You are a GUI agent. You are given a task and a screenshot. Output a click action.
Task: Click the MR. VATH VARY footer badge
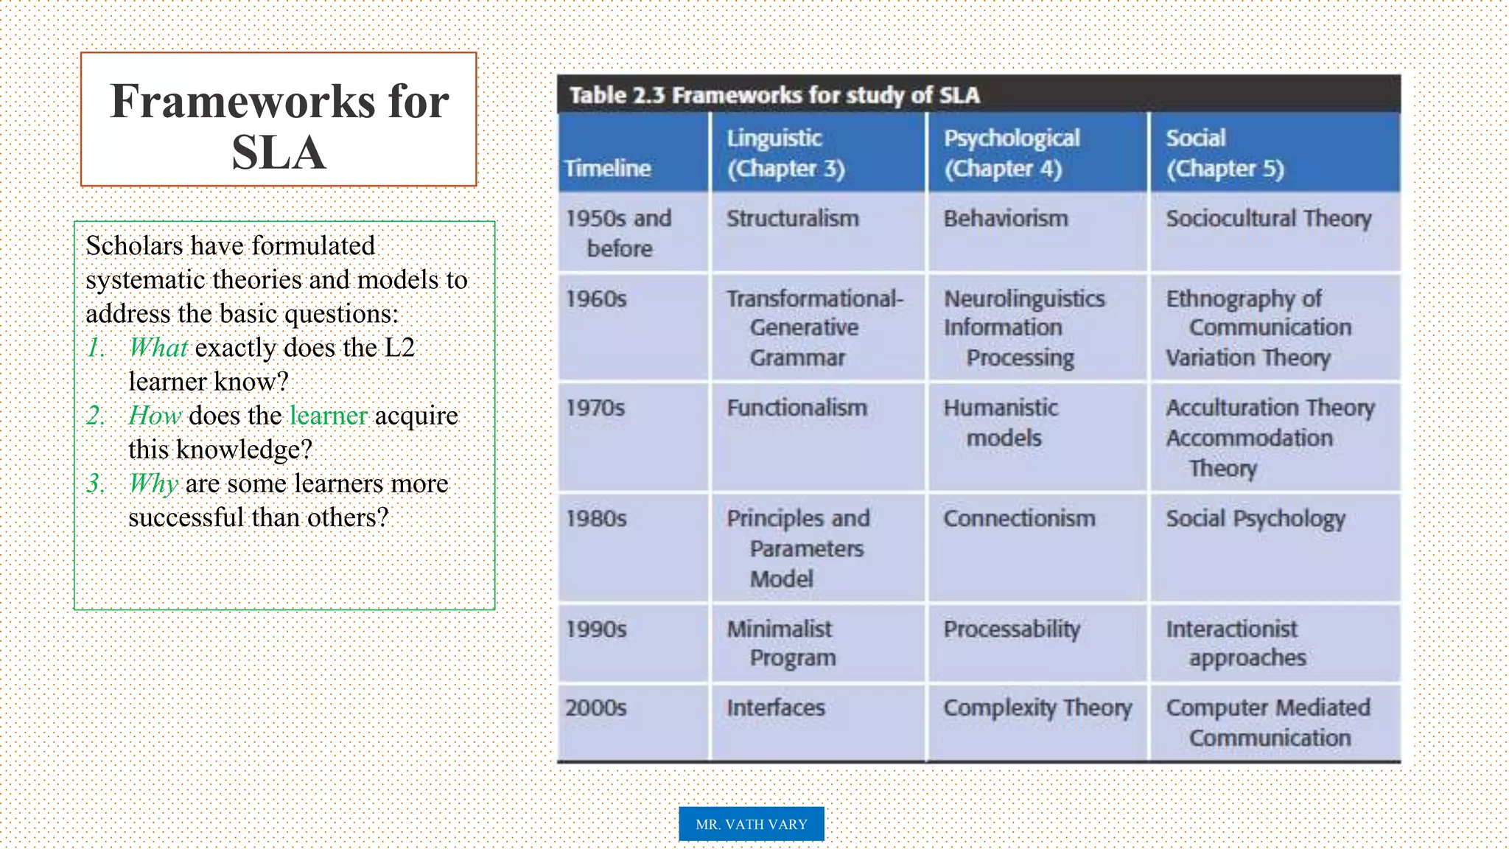pyautogui.click(x=751, y=824)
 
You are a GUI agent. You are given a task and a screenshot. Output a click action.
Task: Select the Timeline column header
pyautogui.click(x=608, y=168)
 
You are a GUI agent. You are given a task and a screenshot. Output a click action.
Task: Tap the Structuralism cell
pyautogui.click(x=793, y=218)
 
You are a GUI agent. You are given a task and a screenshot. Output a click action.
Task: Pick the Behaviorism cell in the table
pyautogui.click(x=1006, y=218)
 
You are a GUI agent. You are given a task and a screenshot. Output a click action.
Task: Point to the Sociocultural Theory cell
pyautogui.click(x=1268, y=218)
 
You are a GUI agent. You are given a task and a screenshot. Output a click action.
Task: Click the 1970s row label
pyautogui.click(x=595, y=408)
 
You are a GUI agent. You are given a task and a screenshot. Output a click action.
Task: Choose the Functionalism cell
pyautogui.click(x=796, y=408)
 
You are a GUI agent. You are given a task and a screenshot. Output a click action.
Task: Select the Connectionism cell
pyautogui.click(x=1019, y=518)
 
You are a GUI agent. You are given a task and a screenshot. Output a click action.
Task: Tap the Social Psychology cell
pyautogui.click(x=1255, y=519)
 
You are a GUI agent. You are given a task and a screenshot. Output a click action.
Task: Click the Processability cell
pyautogui.click(x=1012, y=629)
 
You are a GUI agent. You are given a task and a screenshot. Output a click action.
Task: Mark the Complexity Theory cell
pyautogui.click(x=1037, y=707)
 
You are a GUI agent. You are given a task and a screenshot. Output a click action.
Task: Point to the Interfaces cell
pyautogui.click(x=776, y=707)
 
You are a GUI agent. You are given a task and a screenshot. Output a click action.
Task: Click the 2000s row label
pyautogui.click(x=596, y=707)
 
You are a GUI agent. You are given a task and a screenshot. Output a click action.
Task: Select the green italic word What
pyautogui.click(x=158, y=347)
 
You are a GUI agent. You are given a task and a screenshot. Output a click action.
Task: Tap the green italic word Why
pyautogui.click(x=153, y=483)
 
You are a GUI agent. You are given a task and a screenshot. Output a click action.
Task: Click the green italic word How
pyautogui.click(x=155, y=416)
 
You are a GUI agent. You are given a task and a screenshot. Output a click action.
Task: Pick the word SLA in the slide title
pyautogui.click(x=279, y=153)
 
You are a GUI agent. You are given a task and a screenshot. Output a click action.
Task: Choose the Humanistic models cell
pyautogui.click(x=1001, y=423)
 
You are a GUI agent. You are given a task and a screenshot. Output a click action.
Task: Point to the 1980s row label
pyautogui.click(x=596, y=518)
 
